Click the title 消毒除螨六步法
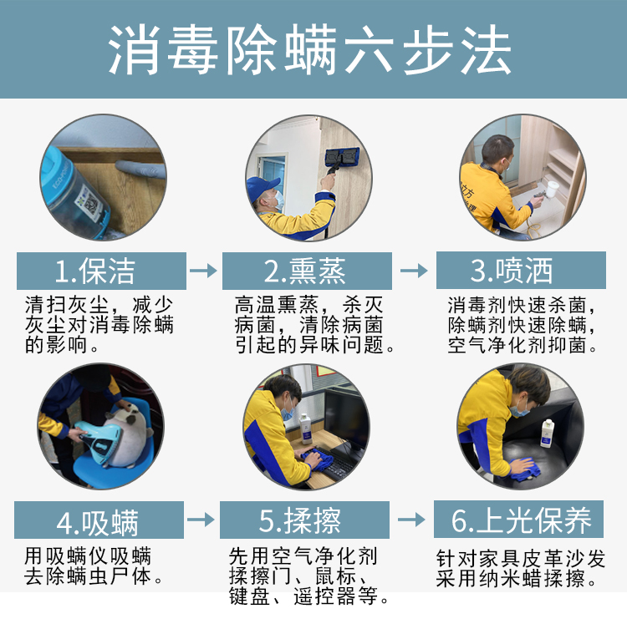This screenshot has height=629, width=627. coord(309,50)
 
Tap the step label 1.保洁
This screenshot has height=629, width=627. coord(94,271)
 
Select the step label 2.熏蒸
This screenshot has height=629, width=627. coord(304,271)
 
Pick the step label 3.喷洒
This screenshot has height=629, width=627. coord(512,271)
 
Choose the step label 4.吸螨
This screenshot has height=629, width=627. coord(98,523)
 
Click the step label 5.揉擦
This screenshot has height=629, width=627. coord(299,520)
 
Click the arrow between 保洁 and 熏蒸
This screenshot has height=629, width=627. coord(203,271)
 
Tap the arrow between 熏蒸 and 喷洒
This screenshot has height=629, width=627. coord(415,271)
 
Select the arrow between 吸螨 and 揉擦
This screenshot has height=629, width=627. coord(201,520)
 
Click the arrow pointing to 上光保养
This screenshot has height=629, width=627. coord(411,520)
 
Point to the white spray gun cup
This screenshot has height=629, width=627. coord(552,190)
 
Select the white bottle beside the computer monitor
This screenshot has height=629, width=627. coord(306,429)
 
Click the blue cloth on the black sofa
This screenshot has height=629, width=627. coord(526,469)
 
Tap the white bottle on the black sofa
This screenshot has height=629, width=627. coord(548,434)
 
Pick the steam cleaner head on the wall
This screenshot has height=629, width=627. coord(342,156)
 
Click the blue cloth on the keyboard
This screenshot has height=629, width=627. coord(318,459)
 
